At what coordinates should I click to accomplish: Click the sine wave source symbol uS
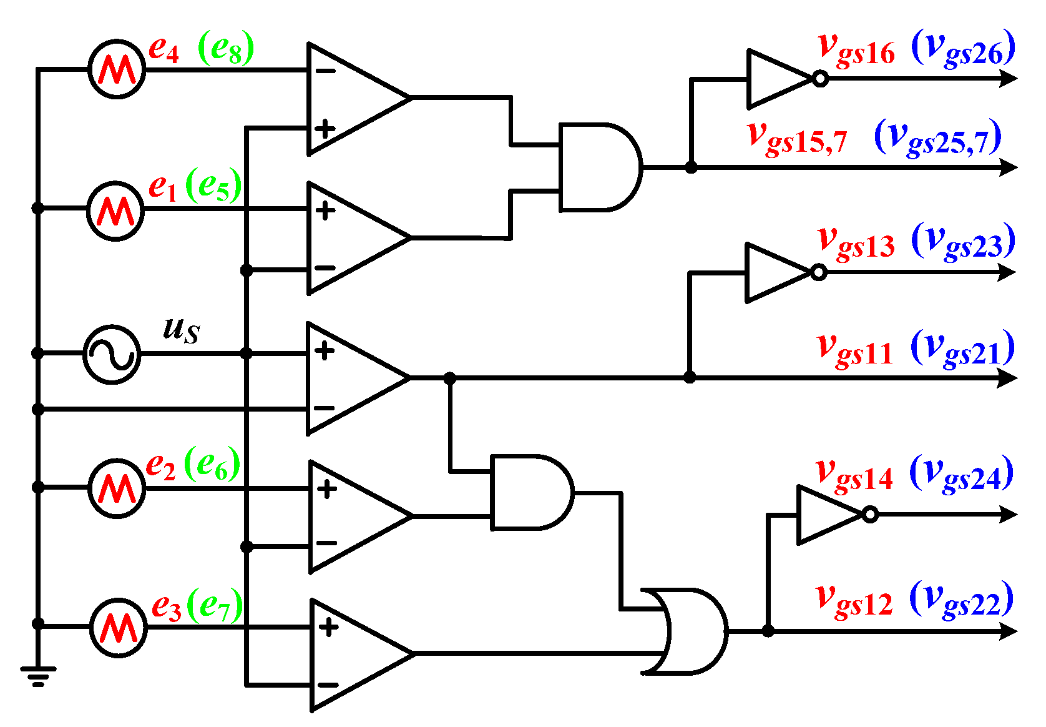(112, 354)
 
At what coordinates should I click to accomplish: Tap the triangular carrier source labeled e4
(117, 69)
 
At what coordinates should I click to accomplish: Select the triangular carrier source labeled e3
(119, 628)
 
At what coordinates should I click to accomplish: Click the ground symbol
(37, 675)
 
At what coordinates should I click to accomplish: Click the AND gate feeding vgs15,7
(599, 167)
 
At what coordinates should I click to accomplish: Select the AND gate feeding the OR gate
(530, 492)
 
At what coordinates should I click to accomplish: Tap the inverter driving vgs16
(780, 79)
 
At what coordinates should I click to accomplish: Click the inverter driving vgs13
(778, 272)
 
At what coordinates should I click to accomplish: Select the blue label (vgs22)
(961, 600)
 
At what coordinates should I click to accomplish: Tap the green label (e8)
(226, 49)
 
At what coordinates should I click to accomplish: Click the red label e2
(160, 466)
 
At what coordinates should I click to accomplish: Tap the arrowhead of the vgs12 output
(1008, 631)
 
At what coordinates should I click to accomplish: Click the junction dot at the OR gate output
(768, 631)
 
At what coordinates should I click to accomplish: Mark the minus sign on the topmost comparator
(325, 71)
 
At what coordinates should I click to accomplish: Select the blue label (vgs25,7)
(937, 139)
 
